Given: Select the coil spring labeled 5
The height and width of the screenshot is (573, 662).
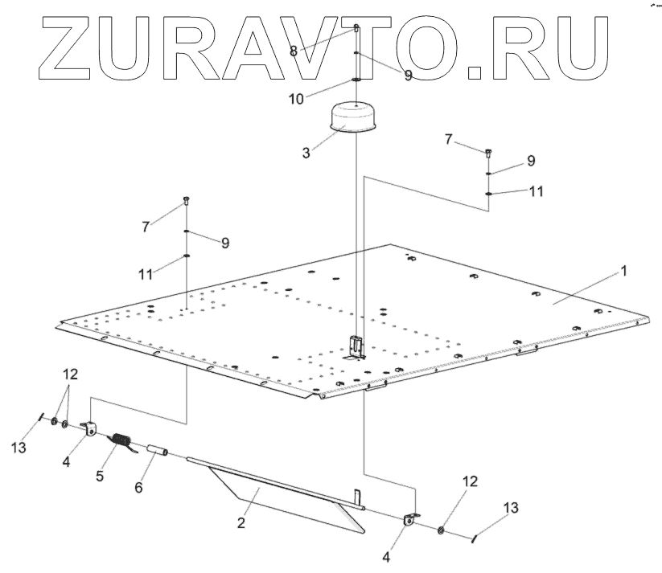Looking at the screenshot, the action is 120,442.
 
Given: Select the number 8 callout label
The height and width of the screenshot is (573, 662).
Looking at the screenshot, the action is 294,51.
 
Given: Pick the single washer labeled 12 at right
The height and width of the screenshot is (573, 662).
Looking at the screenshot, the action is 442,530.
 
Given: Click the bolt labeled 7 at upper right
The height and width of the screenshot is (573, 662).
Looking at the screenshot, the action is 488,152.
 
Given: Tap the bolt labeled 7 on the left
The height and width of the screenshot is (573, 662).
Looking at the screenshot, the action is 186,201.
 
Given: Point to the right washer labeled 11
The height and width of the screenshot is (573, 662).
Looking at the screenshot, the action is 488,193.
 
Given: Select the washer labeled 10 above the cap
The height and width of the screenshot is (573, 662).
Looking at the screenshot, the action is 356,80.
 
